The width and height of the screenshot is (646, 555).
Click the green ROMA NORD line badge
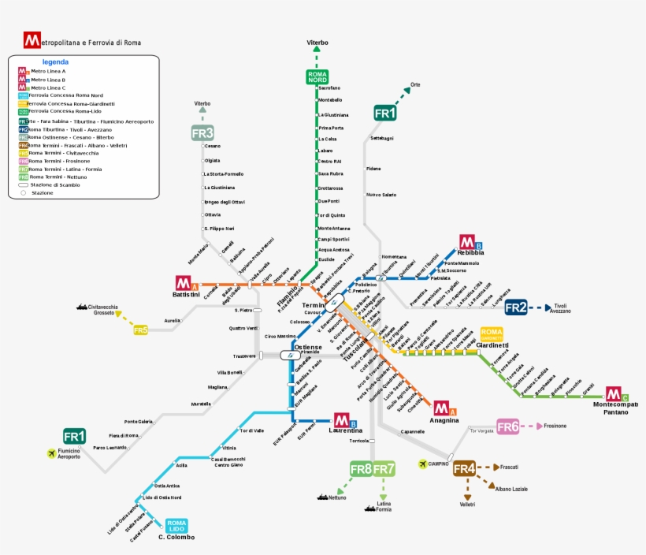[x=317, y=76]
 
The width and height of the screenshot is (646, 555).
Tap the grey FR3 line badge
[x=202, y=132]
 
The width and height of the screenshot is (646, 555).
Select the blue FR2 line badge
[x=516, y=307]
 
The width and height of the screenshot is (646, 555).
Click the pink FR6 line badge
[x=508, y=426]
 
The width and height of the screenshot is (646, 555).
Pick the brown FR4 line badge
[x=465, y=468]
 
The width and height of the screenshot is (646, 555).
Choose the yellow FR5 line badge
[x=140, y=330]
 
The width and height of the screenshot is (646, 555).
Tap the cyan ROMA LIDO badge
[x=176, y=524]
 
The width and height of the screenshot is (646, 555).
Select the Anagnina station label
[x=444, y=420]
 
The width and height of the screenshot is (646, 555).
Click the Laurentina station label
[x=346, y=430]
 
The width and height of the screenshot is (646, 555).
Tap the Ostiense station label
[x=307, y=347]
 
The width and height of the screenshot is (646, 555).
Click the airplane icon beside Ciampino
[x=423, y=464]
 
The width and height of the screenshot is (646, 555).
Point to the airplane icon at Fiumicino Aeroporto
[x=52, y=453]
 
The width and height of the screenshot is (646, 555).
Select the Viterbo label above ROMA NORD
[x=317, y=43]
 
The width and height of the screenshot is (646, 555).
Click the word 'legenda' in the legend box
[x=55, y=61]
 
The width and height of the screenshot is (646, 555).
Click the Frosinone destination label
[x=555, y=426]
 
